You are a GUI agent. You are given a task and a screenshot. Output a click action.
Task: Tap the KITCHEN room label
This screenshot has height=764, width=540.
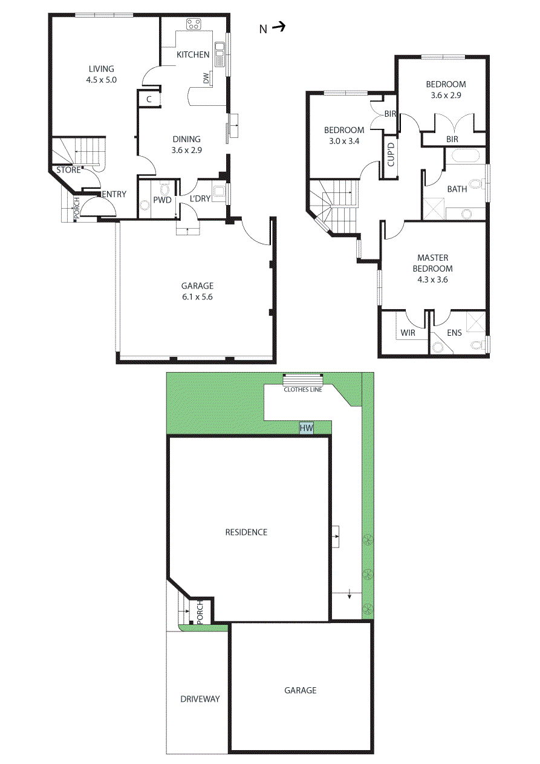pos(193,55)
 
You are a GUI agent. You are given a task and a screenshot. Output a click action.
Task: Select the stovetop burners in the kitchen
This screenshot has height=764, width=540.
pos(194,25)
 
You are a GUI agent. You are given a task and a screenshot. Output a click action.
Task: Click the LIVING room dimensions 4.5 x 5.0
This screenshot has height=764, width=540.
pos(102,79)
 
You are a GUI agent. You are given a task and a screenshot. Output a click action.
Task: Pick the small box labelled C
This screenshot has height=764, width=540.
pos(149,99)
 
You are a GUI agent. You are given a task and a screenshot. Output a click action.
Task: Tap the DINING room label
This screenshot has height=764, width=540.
pos(187,139)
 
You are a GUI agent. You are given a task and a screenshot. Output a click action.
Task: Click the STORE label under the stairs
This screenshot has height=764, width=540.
pos(68,171)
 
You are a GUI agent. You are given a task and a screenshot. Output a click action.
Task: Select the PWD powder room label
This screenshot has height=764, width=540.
pos(162,198)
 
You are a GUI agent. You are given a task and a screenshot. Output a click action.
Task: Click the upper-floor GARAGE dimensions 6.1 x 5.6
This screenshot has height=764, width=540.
pos(198,297)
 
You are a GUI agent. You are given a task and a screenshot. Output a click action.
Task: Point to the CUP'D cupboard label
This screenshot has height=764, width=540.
pos(391,154)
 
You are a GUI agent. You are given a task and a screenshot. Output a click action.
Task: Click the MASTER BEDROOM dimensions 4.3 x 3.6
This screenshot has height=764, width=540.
pos(432,280)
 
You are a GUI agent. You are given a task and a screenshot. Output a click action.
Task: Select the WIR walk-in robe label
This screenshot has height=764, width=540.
pos(408,333)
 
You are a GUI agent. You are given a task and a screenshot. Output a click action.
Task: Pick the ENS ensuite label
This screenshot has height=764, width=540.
pos(454,333)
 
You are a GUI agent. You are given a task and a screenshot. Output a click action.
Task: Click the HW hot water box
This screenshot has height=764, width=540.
pos(307,428)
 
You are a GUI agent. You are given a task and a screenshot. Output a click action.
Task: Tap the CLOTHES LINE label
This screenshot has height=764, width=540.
pos(303,390)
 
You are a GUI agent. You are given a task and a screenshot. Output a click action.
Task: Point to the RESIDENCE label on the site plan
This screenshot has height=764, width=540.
pos(246,532)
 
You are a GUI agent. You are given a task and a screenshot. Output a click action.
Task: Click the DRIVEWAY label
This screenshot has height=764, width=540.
pos(200,699)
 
